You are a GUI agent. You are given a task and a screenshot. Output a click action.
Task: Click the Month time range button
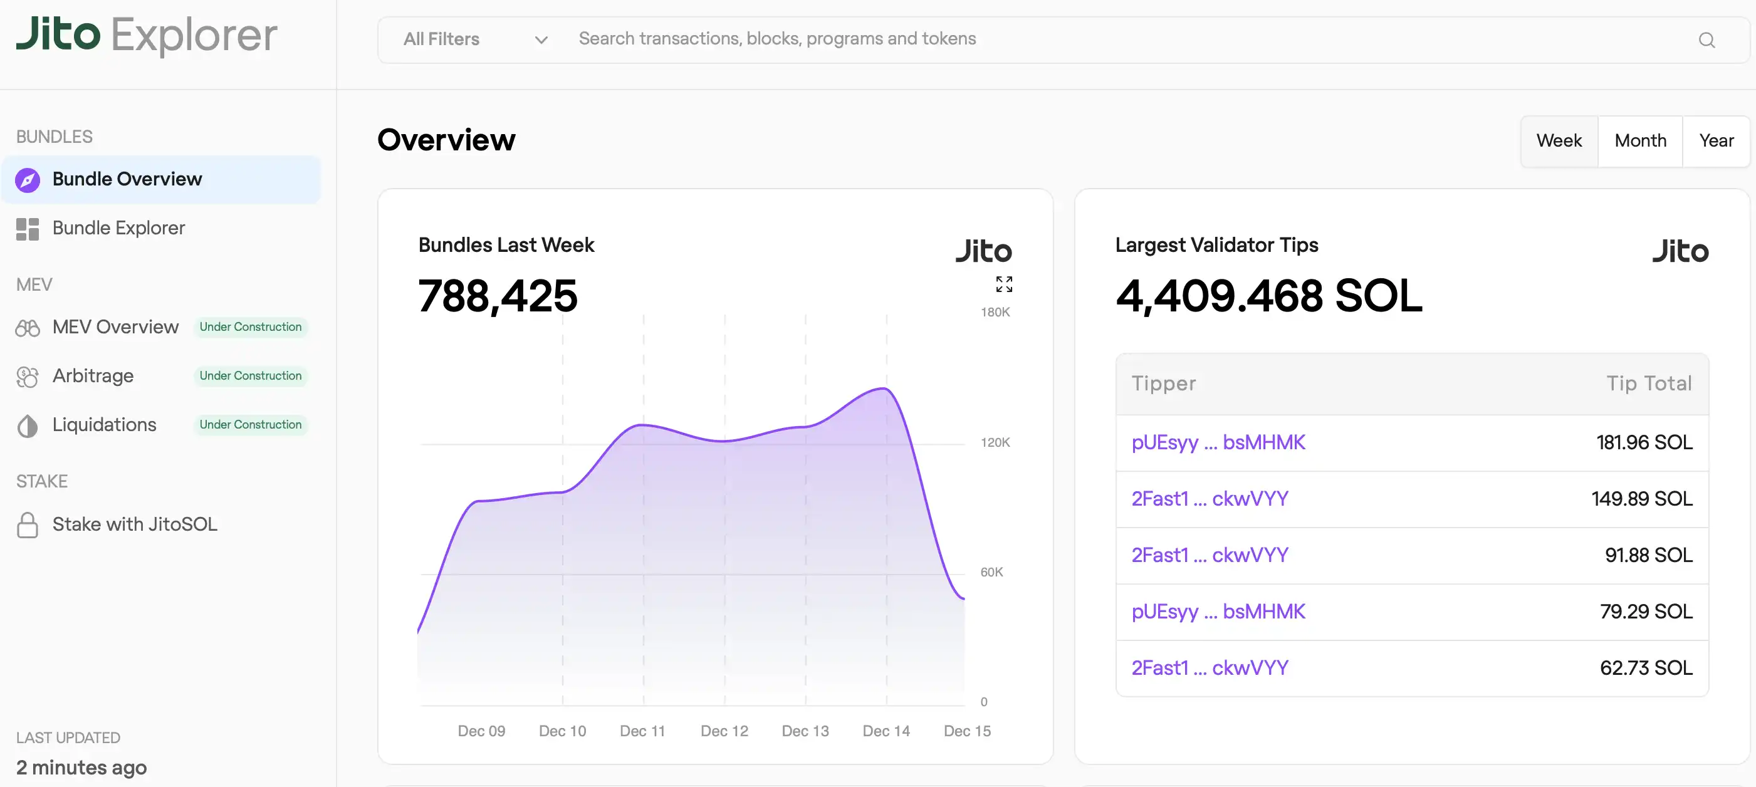pos(1639,141)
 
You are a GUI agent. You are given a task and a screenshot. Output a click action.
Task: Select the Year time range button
pos(1716,141)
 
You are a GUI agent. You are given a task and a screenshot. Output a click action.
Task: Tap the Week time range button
pos(1559,141)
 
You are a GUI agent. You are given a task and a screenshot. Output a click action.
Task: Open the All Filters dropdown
pos(475,39)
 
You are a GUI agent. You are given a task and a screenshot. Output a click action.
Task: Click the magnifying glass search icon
pos(1706,40)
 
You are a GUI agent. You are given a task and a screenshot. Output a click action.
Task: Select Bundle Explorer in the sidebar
pos(118,228)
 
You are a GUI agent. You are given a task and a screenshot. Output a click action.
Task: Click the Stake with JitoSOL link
pos(134,524)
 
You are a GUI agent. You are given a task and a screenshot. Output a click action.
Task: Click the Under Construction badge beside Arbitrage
pos(250,376)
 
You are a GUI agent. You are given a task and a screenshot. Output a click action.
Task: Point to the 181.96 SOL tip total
pos(1644,443)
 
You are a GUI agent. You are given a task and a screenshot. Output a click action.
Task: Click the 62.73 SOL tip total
pos(1646,668)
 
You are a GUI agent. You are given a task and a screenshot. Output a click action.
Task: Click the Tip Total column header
pos(1648,383)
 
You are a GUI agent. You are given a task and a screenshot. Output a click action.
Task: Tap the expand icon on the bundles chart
pos(1003,284)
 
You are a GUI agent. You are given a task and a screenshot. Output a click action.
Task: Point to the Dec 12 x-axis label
pos(724,731)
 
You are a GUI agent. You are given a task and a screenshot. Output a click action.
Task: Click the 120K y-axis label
pos(995,443)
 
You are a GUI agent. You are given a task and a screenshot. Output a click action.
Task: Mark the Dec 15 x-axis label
pos(966,731)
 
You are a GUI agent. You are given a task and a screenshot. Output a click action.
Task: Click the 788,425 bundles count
pos(498,296)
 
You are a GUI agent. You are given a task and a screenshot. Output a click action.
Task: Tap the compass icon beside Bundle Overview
pos(28,180)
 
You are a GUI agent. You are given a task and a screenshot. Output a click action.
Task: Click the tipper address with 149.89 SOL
pos(1210,499)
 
